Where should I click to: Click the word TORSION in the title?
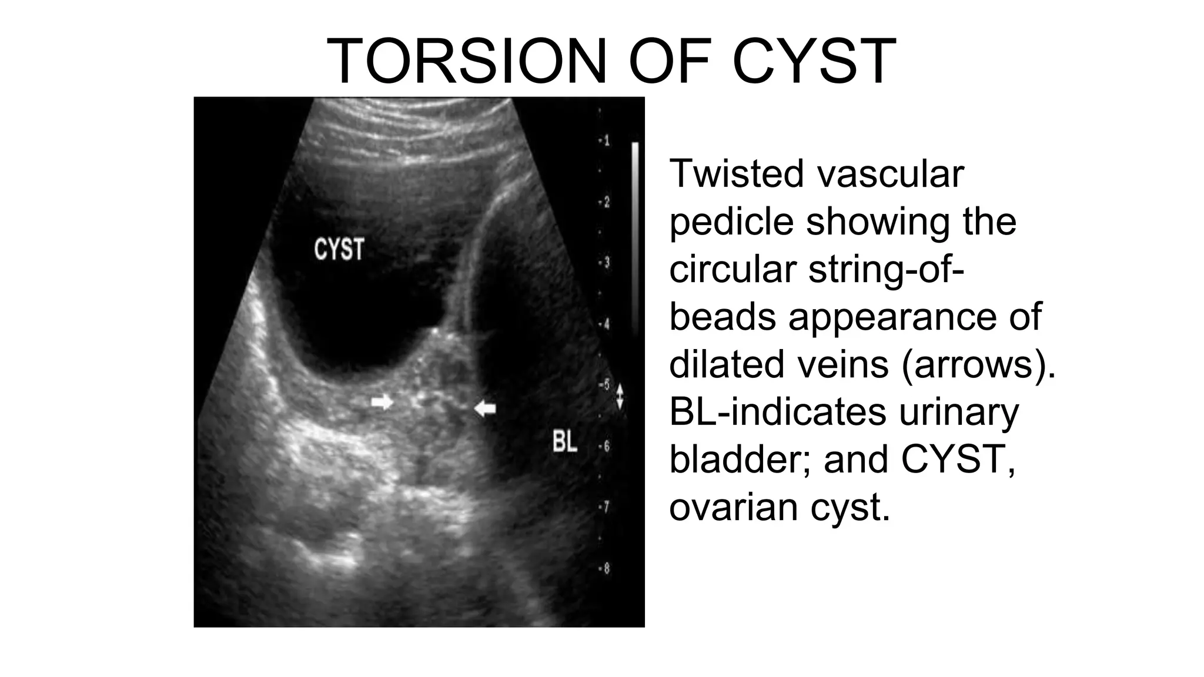(466, 62)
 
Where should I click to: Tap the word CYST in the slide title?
(814, 62)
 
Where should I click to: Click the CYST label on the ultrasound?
(339, 250)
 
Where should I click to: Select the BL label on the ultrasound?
(565, 441)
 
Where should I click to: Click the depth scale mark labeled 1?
(604, 141)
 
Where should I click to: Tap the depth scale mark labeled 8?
(604, 569)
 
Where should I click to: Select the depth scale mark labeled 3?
(604, 263)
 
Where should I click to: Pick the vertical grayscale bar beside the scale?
(635, 235)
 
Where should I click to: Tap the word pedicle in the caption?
(731, 222)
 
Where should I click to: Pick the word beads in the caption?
(723, 317)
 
